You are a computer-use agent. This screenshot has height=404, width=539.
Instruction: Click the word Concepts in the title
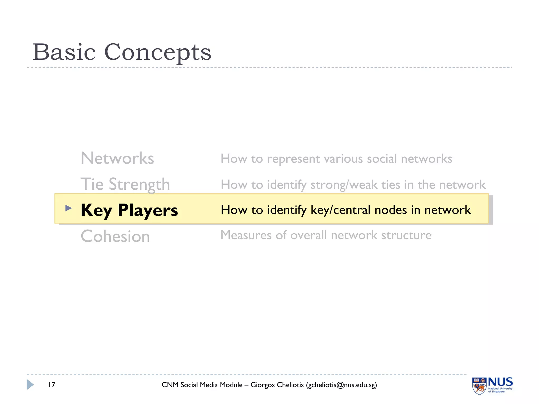[158, 52]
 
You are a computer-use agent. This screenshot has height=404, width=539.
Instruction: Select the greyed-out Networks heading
[117, 158]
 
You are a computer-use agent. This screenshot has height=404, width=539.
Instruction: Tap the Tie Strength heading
[125, 184]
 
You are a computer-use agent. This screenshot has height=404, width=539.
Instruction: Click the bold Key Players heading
[129, 210]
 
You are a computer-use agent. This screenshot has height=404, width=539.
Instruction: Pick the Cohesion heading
[115, 236]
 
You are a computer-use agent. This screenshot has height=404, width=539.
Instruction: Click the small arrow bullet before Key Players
[68, 208]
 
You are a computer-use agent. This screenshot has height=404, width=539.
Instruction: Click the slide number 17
[52, 385]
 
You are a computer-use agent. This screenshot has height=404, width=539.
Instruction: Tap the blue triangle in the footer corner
[30, 385]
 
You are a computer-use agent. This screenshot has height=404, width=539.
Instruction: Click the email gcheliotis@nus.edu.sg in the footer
[341, 385]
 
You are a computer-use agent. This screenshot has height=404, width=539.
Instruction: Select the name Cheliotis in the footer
[290, 385]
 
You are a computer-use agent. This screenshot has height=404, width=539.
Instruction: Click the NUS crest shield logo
[479, 386]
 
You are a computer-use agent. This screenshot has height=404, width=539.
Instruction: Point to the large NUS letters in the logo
[500, 382]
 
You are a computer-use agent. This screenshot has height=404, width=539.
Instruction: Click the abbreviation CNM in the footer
[170, 385]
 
